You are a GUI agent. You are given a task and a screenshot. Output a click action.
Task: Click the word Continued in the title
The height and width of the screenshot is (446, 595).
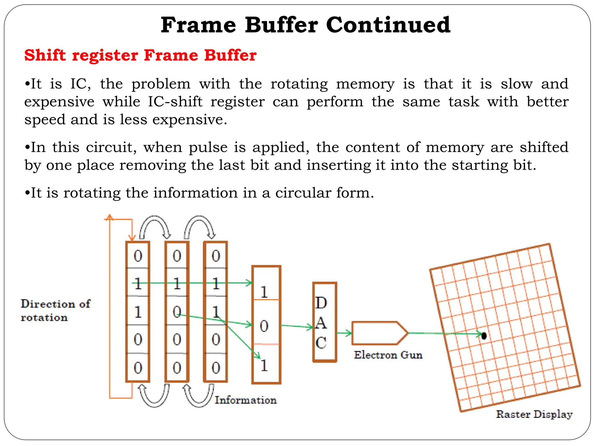point(388,25)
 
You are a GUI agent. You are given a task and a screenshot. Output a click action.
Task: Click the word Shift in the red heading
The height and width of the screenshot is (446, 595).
point(45,55)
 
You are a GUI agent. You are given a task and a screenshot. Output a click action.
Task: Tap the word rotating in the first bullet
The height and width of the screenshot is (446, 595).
point(299,84)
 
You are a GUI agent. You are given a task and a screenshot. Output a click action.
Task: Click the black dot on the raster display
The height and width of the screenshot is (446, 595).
point(484,336)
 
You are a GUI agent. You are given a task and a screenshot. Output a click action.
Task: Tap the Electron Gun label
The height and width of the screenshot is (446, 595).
point(388,355)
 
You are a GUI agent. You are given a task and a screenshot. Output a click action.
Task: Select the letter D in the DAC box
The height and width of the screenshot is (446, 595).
point(321,303)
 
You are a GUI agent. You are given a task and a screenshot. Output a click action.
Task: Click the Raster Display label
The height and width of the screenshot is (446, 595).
point(534,414)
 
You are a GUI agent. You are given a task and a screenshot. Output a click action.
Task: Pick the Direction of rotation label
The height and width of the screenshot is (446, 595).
point(55,310)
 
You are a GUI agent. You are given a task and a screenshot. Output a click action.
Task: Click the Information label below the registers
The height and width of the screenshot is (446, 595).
point(245,400)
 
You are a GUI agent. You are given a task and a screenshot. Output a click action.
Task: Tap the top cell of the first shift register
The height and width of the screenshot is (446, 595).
point(138,256)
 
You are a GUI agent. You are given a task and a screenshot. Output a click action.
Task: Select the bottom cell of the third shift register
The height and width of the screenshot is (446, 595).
point(216,368)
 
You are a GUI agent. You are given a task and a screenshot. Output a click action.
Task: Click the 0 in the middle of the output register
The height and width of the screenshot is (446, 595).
point(264,326)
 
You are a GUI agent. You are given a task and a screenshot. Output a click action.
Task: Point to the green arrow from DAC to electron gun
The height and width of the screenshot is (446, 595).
point(344,333)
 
